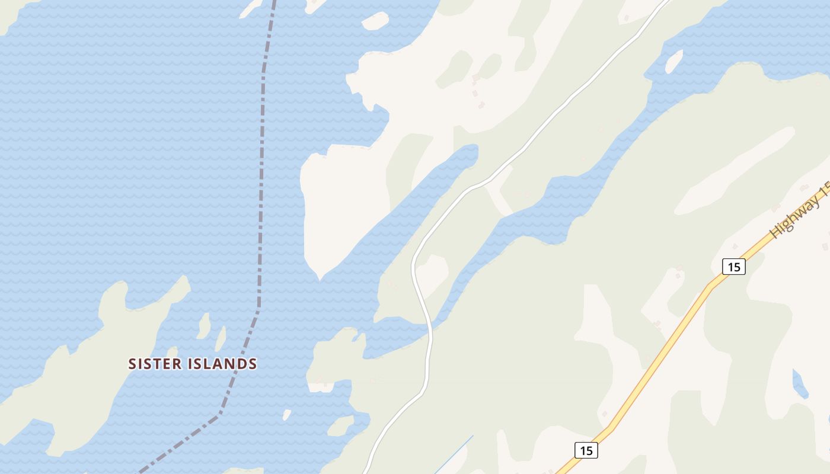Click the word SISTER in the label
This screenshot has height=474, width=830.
coord(155,364)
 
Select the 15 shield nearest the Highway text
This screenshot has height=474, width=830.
coord(733,267)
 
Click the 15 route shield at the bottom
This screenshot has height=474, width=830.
coord(586,450)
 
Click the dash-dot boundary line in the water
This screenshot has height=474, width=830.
coord(261,178)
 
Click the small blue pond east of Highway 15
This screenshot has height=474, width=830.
coord(800,384)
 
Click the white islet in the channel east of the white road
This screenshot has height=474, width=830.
coord(673,60)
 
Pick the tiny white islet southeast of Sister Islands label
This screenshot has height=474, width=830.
coord(287,415)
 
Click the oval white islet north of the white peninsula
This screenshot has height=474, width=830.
coord(375,21)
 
